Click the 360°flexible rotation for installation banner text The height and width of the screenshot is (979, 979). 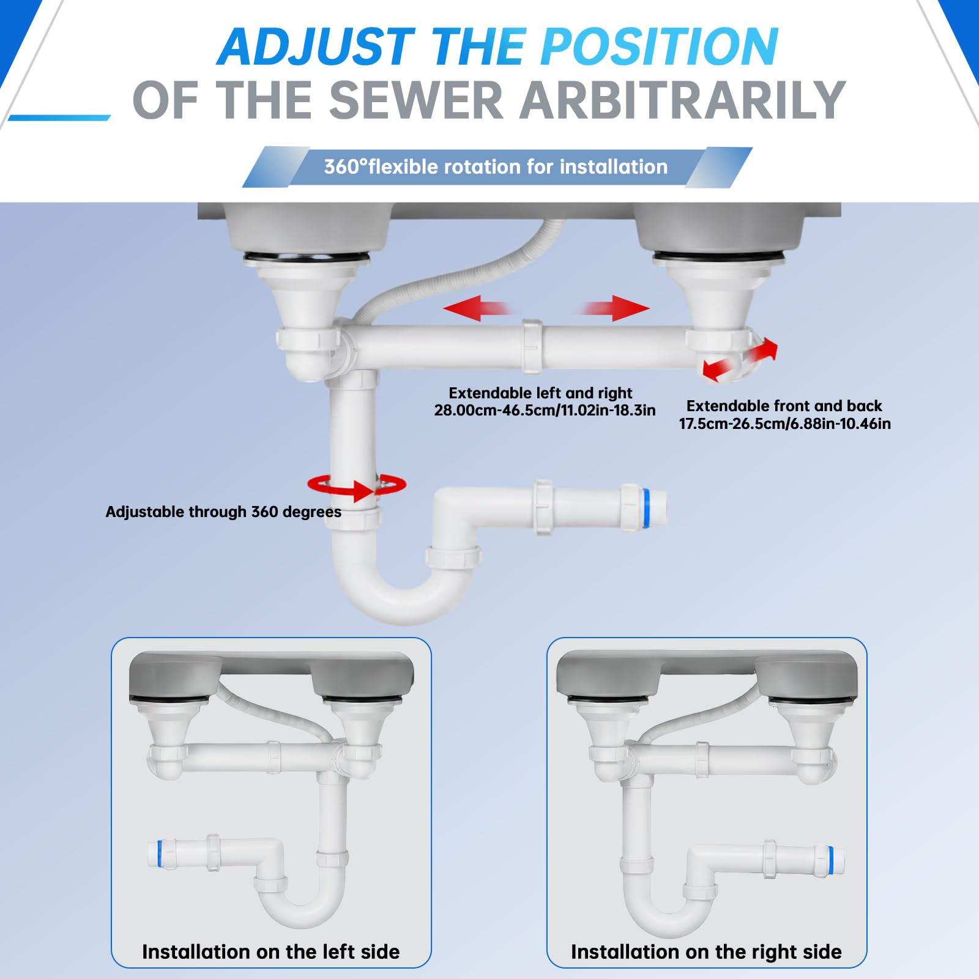[x=496, y=166]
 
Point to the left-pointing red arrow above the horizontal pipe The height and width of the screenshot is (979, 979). [x=477, y=308]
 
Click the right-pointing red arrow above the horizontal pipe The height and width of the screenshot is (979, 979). [x=614, y=308]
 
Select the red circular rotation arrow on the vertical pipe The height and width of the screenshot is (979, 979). [x=357, y=487]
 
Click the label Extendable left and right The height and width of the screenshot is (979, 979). [x=540, y=393]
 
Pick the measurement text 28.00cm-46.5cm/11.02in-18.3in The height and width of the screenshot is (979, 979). [x=545, y=410]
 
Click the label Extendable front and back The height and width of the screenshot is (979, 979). [x=784, y=406]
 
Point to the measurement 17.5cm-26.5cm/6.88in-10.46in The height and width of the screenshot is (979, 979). [x=784, y=423]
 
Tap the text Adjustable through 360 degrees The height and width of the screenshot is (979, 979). [x=223, y=512]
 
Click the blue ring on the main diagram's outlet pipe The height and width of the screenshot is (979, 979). [x=645, y=508]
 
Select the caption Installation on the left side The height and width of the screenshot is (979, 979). [x=270, y=951]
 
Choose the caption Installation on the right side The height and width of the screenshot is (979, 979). [x=706, y=951]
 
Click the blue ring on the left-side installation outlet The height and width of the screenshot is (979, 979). [x=160, y=854]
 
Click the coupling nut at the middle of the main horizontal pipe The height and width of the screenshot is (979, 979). [x=532, y=347]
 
